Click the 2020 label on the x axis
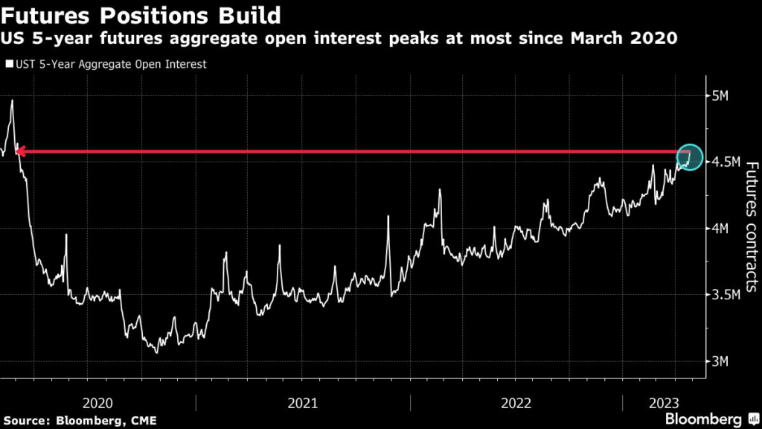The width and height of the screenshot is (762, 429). (x=97, y=403)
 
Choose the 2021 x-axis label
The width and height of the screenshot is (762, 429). (x=303, y=403)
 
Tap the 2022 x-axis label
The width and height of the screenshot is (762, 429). (x=516, y=403)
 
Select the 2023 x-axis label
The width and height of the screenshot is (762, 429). (x=663, y=403)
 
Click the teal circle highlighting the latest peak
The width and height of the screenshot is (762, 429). (x=689, y=156)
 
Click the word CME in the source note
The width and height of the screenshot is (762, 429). (x=144, y=421)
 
